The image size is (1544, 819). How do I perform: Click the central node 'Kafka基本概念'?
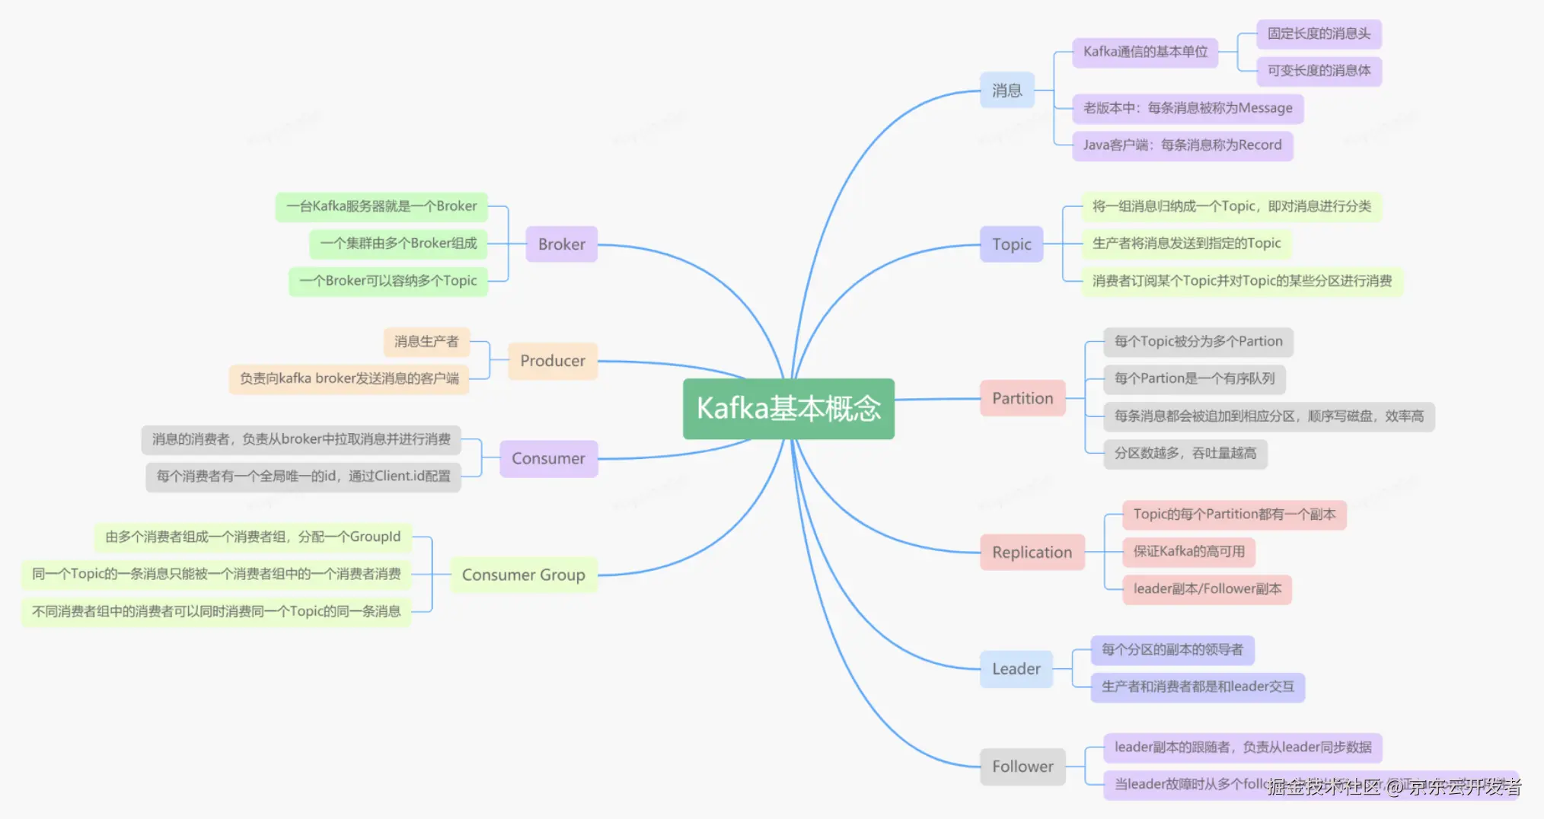788,409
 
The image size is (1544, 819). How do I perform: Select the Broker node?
561,244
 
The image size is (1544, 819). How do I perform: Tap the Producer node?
553,361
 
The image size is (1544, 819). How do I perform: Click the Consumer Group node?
523,575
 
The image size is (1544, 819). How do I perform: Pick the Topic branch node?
1011,244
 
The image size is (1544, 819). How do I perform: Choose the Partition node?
1022,398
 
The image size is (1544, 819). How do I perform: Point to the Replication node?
1032,553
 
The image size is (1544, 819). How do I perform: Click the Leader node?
1016,669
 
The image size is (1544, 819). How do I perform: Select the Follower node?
1022,766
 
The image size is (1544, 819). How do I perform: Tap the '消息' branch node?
1006,91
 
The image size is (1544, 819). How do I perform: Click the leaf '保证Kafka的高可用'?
1188,551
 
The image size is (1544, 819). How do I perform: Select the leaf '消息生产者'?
426,342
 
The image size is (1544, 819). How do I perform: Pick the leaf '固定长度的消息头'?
1319,33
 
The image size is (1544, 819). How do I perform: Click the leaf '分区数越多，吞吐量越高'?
1185,454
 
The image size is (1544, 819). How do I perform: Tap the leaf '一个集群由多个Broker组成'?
398,244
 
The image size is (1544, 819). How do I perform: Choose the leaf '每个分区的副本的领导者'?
1172,649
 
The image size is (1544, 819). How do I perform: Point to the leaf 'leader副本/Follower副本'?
1207,588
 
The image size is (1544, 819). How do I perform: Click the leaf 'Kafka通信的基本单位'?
1145,52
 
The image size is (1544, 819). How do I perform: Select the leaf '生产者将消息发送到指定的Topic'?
1186,244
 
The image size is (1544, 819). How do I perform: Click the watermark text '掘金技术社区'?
1325,787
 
